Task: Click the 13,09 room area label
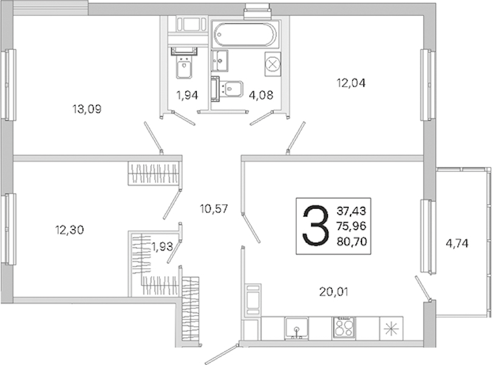[x=87, y=109]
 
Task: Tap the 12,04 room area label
[x=351, y=83]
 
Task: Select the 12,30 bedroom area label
[x=70, y=230]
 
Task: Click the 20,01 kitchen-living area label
[x=333, y=292]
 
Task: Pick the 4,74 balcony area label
[x=457, y=243]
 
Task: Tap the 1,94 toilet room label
[x=187, y=95]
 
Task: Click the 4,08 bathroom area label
[x=261, y=95]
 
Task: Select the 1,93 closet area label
[x=162, y=247]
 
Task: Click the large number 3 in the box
[x=315, y=225]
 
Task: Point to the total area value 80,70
[x=352, y=242]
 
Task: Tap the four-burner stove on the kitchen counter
[x=344, y=328]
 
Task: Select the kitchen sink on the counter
[x=296, y=328]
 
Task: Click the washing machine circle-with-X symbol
[x=273, y=64]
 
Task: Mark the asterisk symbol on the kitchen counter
[x=391, y=328]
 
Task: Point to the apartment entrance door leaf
[x=222, y=354]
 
